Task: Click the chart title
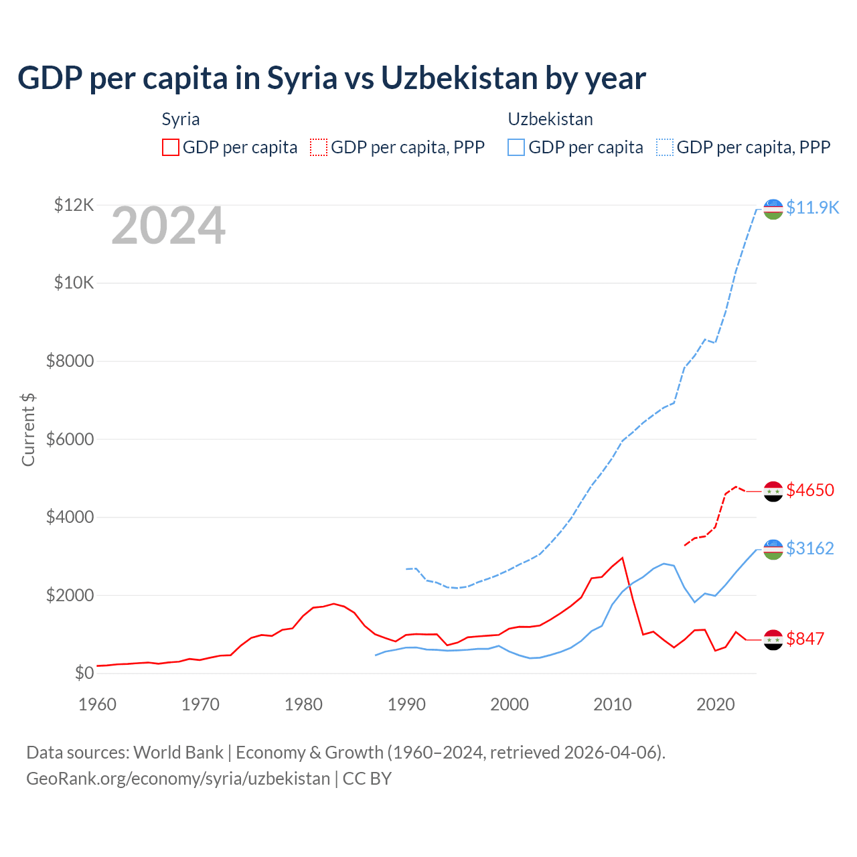pyautogui.click(x=331, y=78)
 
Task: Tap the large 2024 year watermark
pyautogui.click(x=168, y=226)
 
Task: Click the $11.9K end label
pyautogui.click(x=812, y=208)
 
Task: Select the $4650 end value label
pyautogui.click(x=810, y=490)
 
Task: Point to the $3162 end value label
pyautogui.click(x=810, y=548)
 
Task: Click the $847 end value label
pyautogui.click(x=805, y=639)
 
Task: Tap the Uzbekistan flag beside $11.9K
pyautogui.click(x=773, y=209)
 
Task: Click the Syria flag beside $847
pyautogui.click(x=773, y=639)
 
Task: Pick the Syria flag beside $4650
pyautogui.click(x=773, y=491)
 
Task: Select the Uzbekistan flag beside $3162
pyautogui.click(x=773, y=549)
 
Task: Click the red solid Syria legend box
pyautogui.click(x=171, y=147)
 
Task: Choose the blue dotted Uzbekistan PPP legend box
pyautogui.click(x=665, y=147)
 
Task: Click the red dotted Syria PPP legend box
pyautogui.click(x=319, y=147)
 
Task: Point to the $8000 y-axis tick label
pyautogui.click(x=70, y=362)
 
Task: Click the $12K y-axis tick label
pyautogui.click(x=74, y=205)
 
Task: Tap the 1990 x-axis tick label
pyautogui.click(x=406, y=704)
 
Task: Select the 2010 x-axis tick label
pyautogui.click(x=613, y=704)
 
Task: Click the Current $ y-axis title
pyautogui.click(x=28, y=430)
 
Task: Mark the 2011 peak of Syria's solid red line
pyautogui.click(x=623, y=558)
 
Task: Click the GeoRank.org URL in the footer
pyautogui.click(x=178, y=779)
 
